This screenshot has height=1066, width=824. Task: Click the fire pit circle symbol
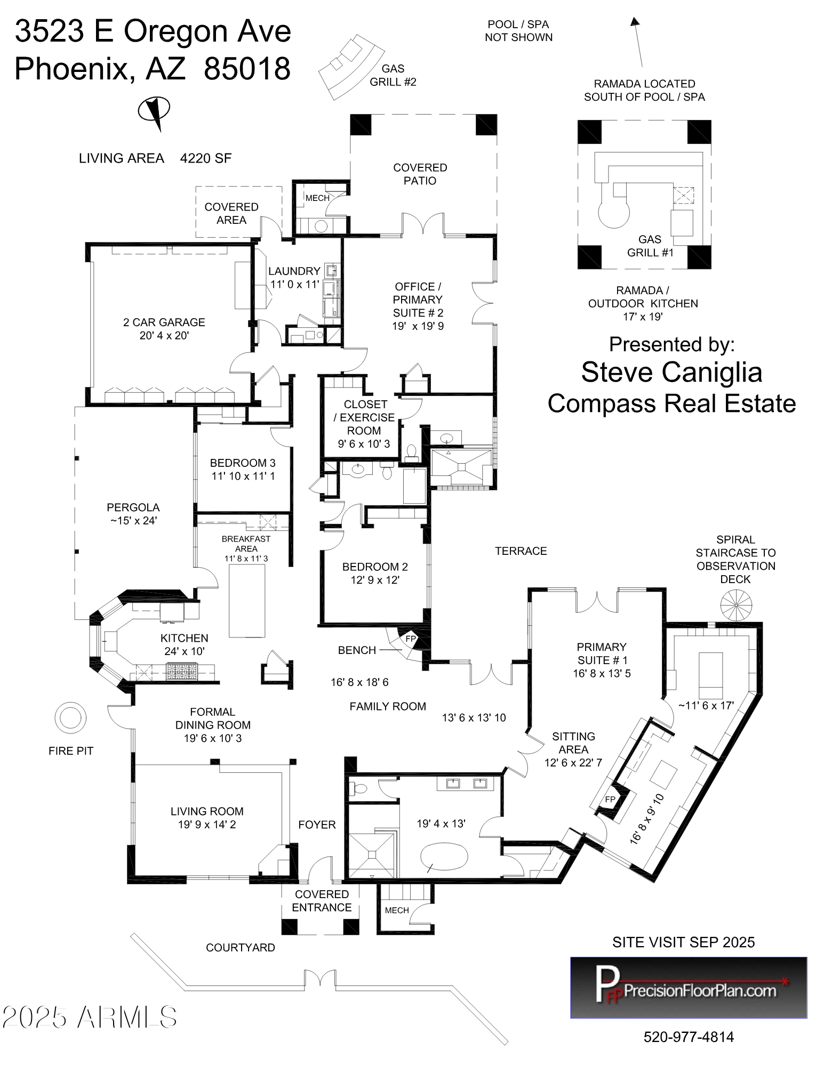point(70,717)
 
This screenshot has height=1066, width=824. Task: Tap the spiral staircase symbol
point(736,605)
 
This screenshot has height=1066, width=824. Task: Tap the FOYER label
point(317,825)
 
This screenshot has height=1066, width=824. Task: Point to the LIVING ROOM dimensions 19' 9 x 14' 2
point(207,825)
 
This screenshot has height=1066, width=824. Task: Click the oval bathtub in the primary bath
point(444,857)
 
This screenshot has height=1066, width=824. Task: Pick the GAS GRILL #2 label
point(393,75)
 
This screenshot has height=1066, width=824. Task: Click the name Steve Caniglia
point(671,372)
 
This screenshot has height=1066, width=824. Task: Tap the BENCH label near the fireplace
point(357,650)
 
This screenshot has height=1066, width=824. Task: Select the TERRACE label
point(521,551)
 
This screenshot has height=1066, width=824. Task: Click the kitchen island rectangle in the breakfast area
point(247,601)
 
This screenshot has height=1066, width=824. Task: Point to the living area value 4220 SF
point(206,158)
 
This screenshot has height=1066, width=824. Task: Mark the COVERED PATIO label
point(420,174)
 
